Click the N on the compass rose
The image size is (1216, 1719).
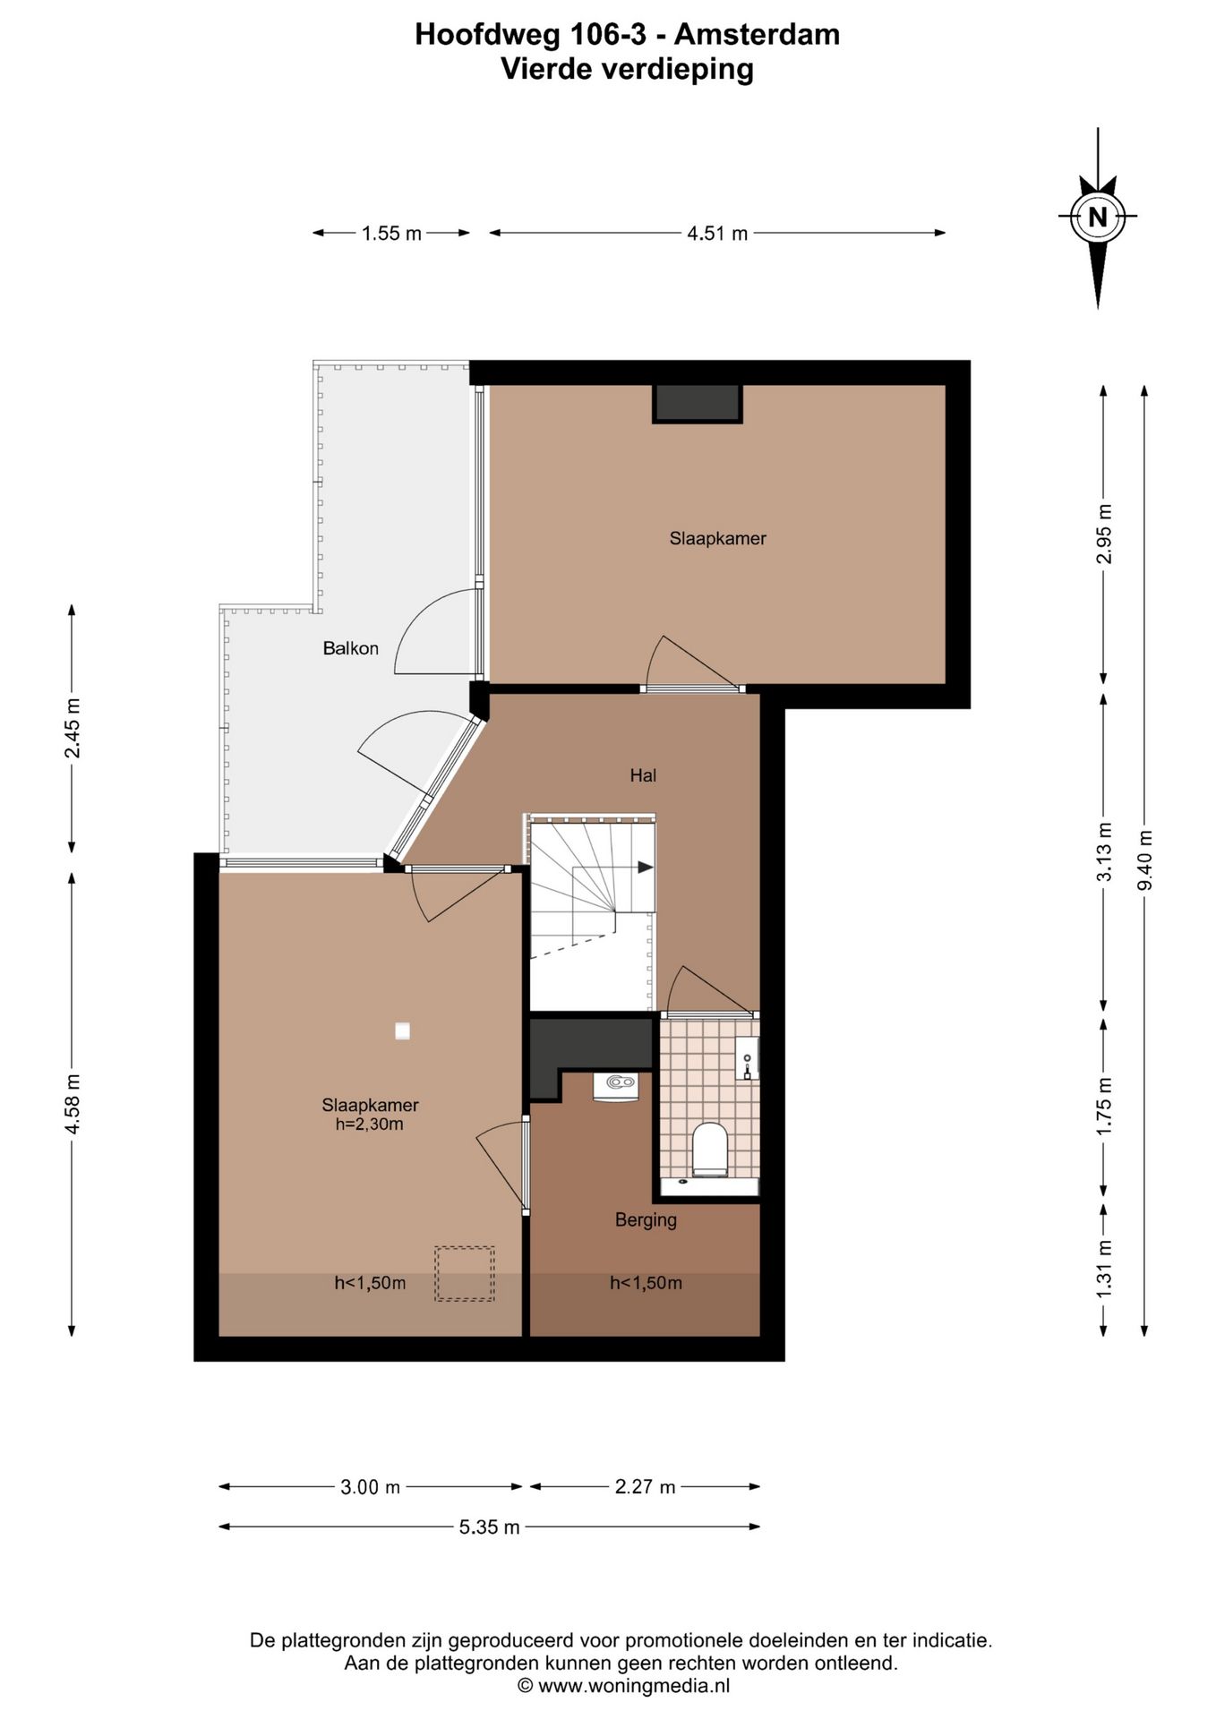tap(1097, 216)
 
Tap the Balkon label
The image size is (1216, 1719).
tap(351, 648)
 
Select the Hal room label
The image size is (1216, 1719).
tap(643, 775)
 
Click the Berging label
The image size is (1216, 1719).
tap(646, 1219)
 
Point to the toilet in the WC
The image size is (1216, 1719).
tap(710, 1149)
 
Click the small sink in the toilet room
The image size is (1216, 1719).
tap(747, 1058)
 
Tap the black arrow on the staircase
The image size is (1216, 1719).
tap(645, 867)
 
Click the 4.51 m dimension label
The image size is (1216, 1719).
tap(717, 234)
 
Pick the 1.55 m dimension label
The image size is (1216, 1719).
tap(391, 234)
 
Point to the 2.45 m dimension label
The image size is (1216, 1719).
tap(73, 728)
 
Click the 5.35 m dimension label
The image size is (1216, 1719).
tap(490, 1527)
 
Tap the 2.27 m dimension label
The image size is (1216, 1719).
tap(645, 1487)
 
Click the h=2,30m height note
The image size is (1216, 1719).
tap(370, 1124)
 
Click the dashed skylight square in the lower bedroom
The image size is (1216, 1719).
tap(465, 1273)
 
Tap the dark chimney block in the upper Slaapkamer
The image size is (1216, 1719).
tap(698, 403)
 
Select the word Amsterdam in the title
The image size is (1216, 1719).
tap(757, 34)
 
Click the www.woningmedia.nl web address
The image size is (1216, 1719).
tap(634, 1686)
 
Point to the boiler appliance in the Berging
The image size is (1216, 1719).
tap(615, 1084)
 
